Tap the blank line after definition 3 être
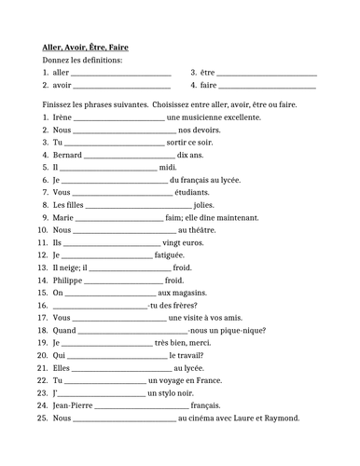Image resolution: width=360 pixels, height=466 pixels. [x=267, y=74]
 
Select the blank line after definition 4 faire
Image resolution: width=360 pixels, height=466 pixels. [x=267, y=87]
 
